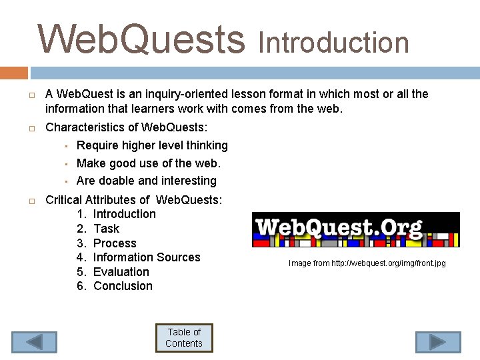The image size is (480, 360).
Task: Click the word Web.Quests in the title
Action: (141, 39)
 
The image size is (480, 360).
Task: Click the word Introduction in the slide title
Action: (333, 43)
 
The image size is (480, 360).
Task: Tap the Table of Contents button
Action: (184, 338)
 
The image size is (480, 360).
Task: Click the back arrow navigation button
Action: (34, 342)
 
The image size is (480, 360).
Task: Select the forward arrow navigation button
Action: (438, 342)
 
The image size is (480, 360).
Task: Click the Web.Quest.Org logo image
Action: (355, 229)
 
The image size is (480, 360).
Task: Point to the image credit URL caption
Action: (367, 263)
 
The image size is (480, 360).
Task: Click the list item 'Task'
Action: (107, 229)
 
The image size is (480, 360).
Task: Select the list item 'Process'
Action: (115, 243)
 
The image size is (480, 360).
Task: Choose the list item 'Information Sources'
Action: (147, 257)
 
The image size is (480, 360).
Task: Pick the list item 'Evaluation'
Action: (121, 272)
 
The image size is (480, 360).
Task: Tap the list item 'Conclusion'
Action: (123, 286)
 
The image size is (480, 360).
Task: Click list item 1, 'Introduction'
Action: (124, 214)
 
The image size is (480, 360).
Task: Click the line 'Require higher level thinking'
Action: (152, 145)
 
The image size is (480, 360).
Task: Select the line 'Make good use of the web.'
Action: (148, 163)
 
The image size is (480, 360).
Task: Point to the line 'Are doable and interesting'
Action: (147, 181)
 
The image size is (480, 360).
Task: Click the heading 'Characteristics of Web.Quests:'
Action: (126, 127)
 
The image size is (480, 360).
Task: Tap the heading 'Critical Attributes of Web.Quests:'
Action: (133, 199)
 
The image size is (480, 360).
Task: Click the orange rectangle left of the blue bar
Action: (13, 73)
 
